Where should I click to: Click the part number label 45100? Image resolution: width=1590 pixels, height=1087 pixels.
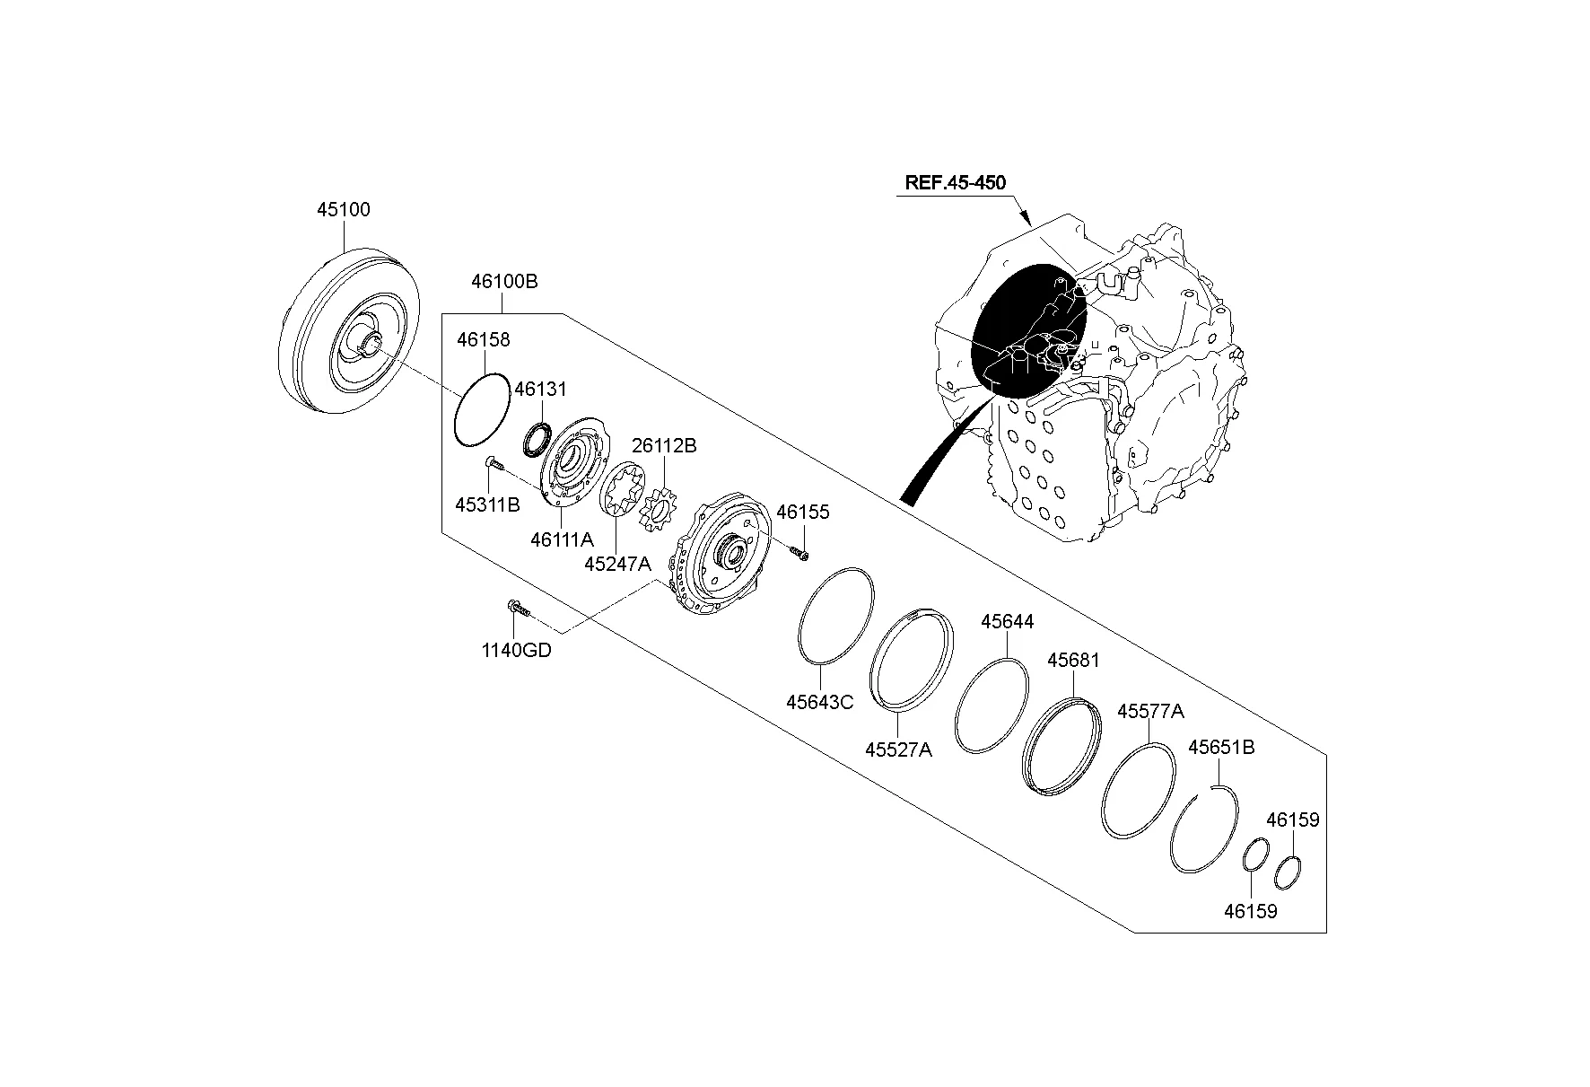coord(343,210)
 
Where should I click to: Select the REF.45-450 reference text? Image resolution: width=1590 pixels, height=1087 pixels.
coord(955,182)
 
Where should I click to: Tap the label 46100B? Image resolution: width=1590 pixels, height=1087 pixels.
coord(504,282)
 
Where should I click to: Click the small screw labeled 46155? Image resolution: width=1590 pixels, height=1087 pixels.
coord(799,554)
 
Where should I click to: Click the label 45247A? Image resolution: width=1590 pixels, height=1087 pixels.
coord(616,564)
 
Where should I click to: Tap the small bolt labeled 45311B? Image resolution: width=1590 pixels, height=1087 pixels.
coord(495,464)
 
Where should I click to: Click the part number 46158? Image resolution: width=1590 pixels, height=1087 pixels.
coord(483,340)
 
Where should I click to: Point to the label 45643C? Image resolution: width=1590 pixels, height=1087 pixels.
coord(819,702)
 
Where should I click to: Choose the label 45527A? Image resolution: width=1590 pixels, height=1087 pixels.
coord(898,749)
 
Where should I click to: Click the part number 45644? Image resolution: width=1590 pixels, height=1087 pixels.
coord(1007,621)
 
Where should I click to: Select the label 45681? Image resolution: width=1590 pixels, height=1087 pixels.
coord(1073,661)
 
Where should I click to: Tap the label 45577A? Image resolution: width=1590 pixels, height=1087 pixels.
coord(1150,712)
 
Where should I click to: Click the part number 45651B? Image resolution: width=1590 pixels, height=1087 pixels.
coord(1220,748)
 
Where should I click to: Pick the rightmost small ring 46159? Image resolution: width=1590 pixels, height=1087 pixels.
coord(1288,872)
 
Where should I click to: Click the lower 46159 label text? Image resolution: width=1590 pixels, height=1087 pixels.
coord(1250,911)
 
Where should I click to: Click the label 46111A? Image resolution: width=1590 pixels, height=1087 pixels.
coord(562,539)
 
